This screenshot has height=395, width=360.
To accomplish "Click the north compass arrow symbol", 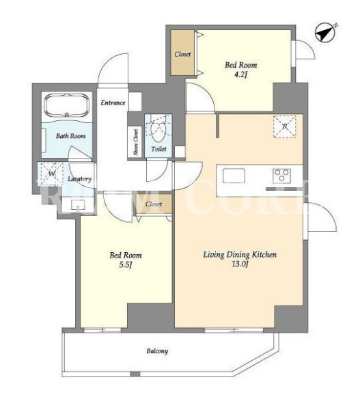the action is coord(325,33).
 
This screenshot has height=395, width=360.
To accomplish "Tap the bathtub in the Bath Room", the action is coord(67,105).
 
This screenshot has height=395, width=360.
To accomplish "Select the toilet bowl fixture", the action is coord(158,130).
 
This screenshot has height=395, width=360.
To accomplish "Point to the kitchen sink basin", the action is coord(234,176).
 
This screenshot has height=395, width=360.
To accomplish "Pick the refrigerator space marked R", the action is coord(285,126).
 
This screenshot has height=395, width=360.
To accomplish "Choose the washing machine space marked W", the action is coord(51,174).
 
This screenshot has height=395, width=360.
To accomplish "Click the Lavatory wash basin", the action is coord(78,205).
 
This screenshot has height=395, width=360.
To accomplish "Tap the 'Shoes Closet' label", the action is coord(136,142).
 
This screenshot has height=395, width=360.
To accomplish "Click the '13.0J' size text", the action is coord(240,264).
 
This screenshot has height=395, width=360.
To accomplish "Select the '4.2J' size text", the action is coord(240,74).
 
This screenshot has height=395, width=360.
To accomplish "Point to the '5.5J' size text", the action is coord(126,265).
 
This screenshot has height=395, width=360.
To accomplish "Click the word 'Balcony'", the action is coord(157,351).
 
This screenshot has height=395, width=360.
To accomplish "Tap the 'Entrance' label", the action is coord(113,103).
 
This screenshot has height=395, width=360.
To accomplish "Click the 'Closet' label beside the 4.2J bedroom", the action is coord(182,54).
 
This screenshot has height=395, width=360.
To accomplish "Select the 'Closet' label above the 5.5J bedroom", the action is coord(154,204).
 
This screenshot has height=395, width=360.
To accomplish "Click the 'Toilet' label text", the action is coord(159,149).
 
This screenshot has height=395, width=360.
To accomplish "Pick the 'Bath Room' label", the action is coord(71,136).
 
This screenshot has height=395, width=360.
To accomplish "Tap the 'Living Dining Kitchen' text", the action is coord(240,255).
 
